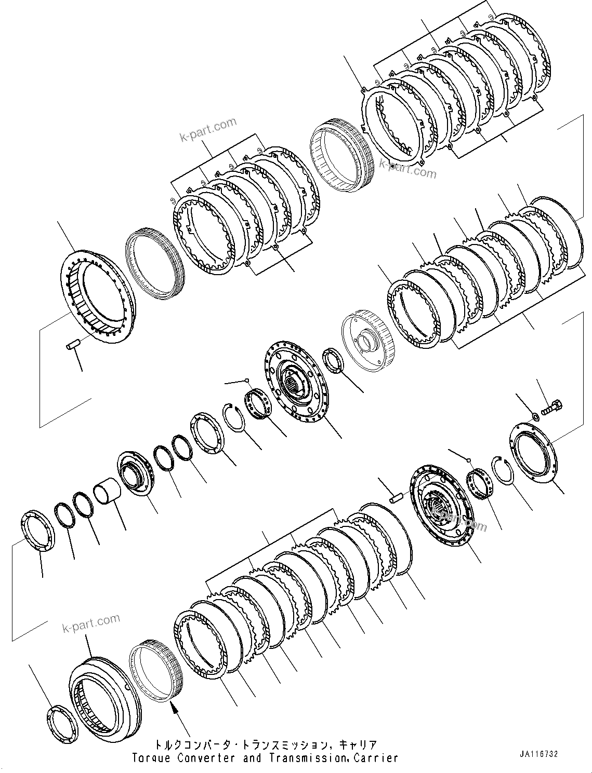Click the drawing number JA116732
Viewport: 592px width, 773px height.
coord(537,754)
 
